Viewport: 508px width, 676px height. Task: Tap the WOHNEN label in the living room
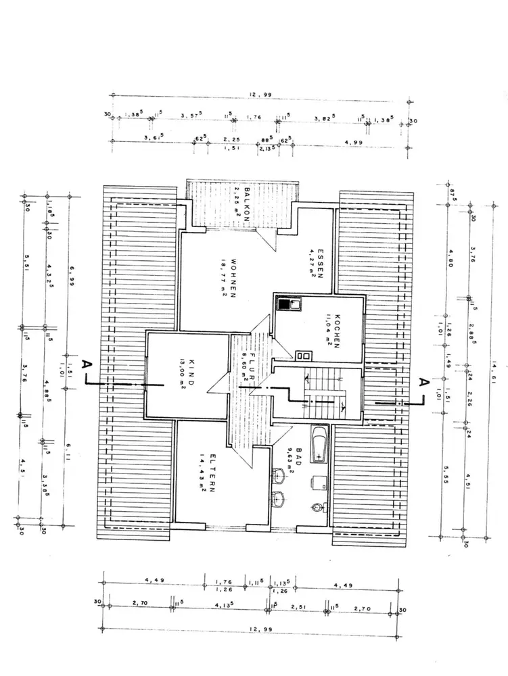tap(232, 277)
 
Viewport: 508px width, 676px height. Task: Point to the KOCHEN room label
tap(336, 329)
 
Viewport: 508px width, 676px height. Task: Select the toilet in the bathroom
tap(317, 507)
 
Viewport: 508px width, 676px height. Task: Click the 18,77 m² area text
tap(221, 278)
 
